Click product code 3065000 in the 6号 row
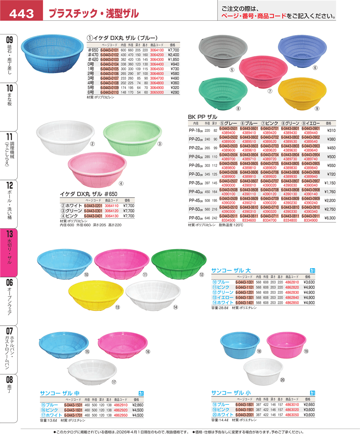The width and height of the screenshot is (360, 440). click(156, 92)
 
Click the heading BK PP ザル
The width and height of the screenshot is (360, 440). click(202, 117)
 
